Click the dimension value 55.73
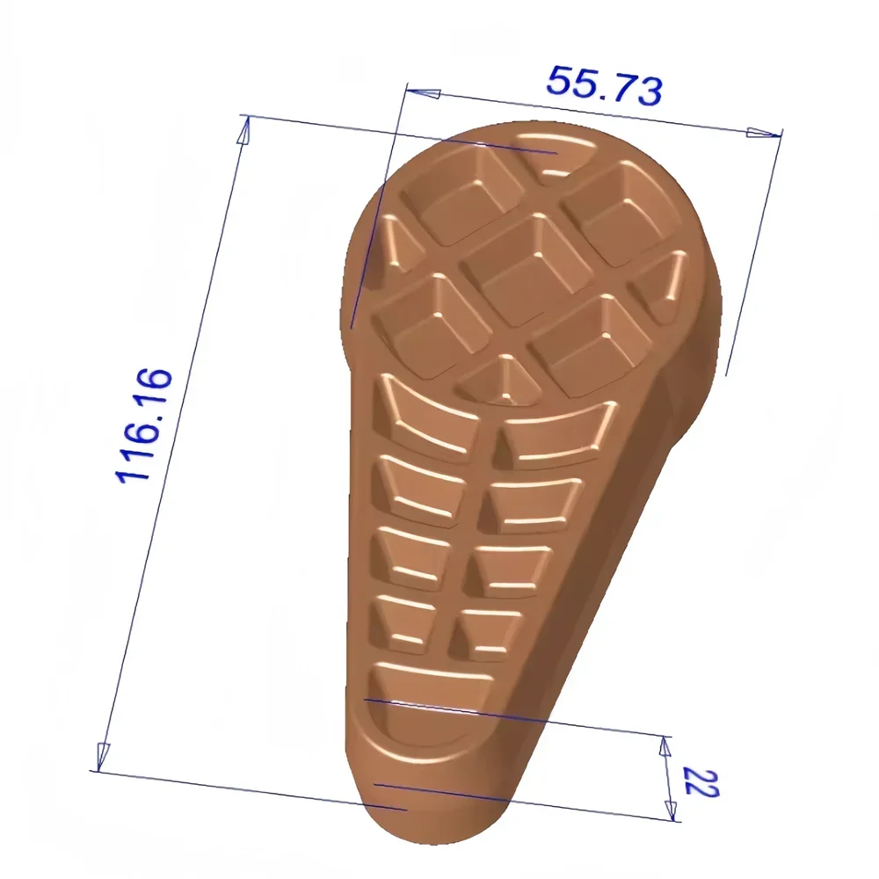[x=603, y=85]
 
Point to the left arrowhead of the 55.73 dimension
[x=422, y=92]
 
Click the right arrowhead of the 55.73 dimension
[x=762, y=133]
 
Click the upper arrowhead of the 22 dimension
[x=665, y=746]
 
